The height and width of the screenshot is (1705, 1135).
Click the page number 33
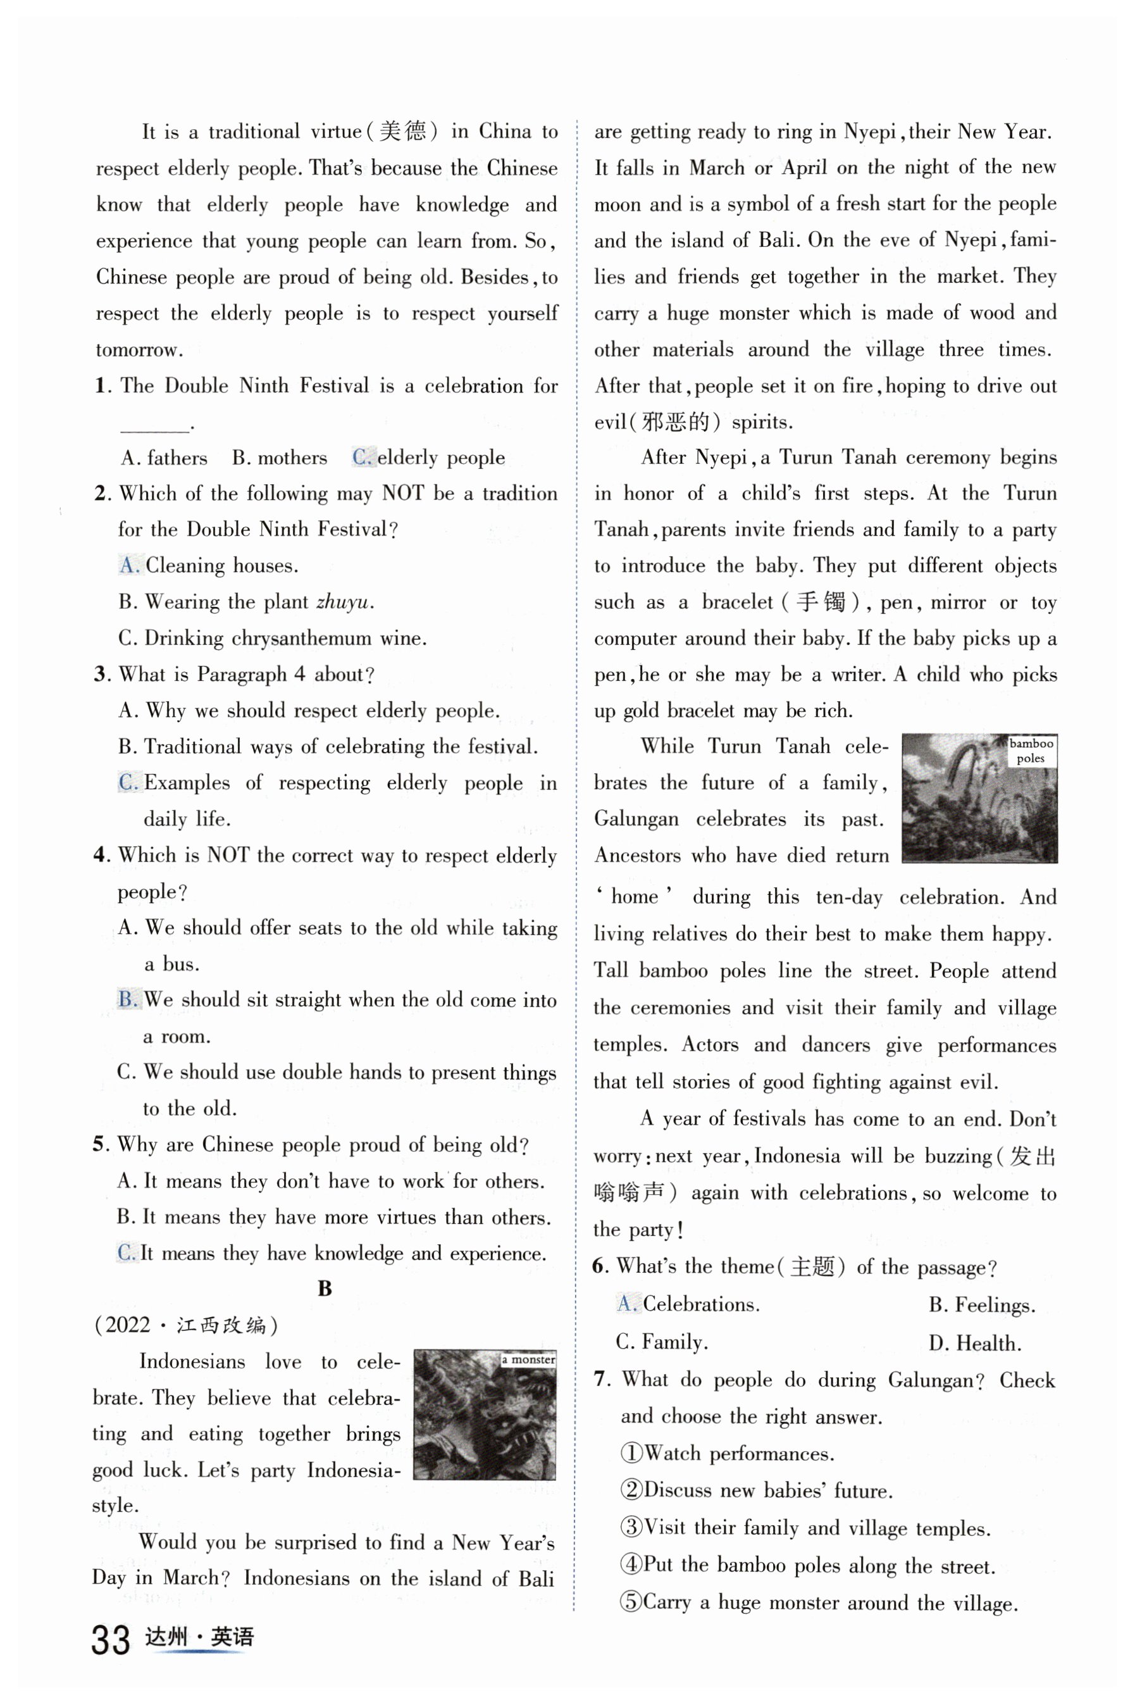[x=111, y=1640]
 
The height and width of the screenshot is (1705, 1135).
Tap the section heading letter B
[x=325, y=1289]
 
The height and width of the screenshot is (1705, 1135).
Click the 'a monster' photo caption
[x=528, y=1359]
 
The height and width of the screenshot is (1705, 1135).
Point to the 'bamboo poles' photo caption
[x=1031, y=750]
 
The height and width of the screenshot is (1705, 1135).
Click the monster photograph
[x=484, y=1414]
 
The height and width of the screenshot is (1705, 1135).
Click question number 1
[x=101, y=386]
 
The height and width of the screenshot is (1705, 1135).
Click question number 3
[x=101, y=675]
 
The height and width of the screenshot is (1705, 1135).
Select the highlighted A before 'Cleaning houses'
[x=128, y=565]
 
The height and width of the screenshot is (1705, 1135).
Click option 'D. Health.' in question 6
[x=974, y=1343]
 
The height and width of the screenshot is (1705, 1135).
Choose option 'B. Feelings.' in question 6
[x=981, y=1304]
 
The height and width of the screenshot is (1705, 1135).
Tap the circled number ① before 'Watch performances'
[x=631, y=1453]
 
